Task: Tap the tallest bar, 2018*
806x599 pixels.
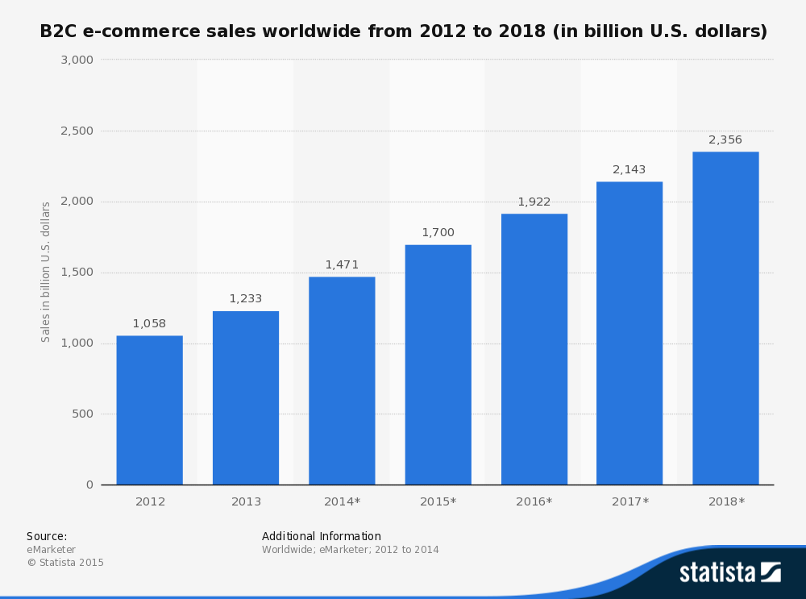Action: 725,318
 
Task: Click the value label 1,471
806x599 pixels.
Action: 342,264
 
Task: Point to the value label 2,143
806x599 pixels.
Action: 629,169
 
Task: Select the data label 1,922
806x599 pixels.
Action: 534,202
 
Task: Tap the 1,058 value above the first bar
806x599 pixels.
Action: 149,323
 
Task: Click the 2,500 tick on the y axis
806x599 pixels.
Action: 77,131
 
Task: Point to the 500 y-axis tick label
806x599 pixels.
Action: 83,414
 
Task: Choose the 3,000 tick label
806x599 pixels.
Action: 77,60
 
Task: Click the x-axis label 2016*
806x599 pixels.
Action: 534,501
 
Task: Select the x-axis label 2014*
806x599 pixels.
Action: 342,501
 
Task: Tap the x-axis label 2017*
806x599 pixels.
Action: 629,501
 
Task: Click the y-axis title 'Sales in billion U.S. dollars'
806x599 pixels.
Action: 46,272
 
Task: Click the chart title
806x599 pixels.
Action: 403,31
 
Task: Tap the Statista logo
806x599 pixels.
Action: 729,572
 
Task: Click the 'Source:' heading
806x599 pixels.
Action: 47,536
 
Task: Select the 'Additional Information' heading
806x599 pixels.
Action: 322,536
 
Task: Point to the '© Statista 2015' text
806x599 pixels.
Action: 65,563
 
